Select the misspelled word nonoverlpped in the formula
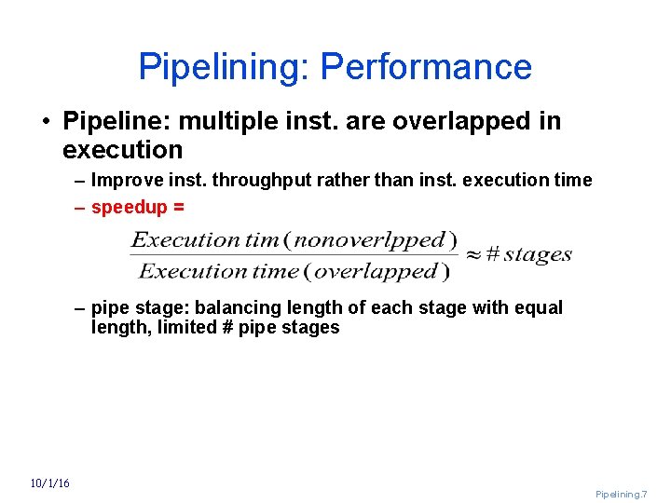[x=375, y=239]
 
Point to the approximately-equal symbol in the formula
[x=473, y=254]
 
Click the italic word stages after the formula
[x=538, y=254]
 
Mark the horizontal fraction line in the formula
[x=294, y=255]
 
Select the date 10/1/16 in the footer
[x=49, y=483]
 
